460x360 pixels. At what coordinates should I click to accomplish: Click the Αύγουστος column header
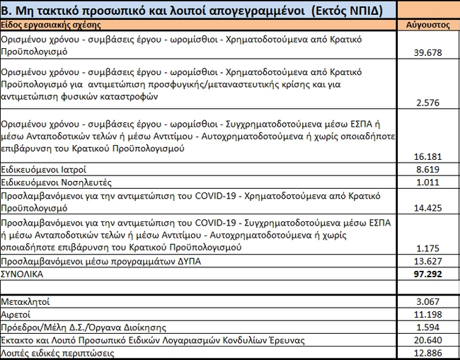click(428, 24)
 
